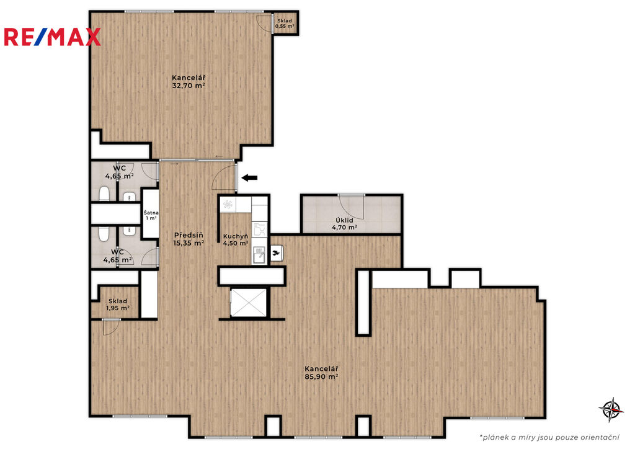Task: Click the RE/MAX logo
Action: (x=52, y=37)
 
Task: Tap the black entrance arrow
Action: (x=249, y=177)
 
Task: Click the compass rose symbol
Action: (x=611, y=409)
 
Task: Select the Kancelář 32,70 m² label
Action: (x=189, y=81)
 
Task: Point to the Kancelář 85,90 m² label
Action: (x=322, y=373)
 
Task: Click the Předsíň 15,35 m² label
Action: (x=189, y=239)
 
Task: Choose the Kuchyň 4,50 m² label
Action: (x=236, y=239)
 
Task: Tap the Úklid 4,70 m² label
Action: (x=345, y=224)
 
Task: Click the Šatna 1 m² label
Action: (x=151, y=215)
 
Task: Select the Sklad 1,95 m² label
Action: (x=118, y=305)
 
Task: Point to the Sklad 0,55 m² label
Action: (x=285, y=24)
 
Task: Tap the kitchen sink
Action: (x=259, y=255)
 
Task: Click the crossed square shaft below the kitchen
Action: (x=249, y=302)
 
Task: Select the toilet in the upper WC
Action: (x=104, y=193)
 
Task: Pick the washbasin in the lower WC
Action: (x=129, y=231)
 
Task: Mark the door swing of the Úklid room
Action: (x=352, y=207)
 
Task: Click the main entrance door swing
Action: (x=223, y=177)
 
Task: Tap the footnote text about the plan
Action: (x=549, y=437)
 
